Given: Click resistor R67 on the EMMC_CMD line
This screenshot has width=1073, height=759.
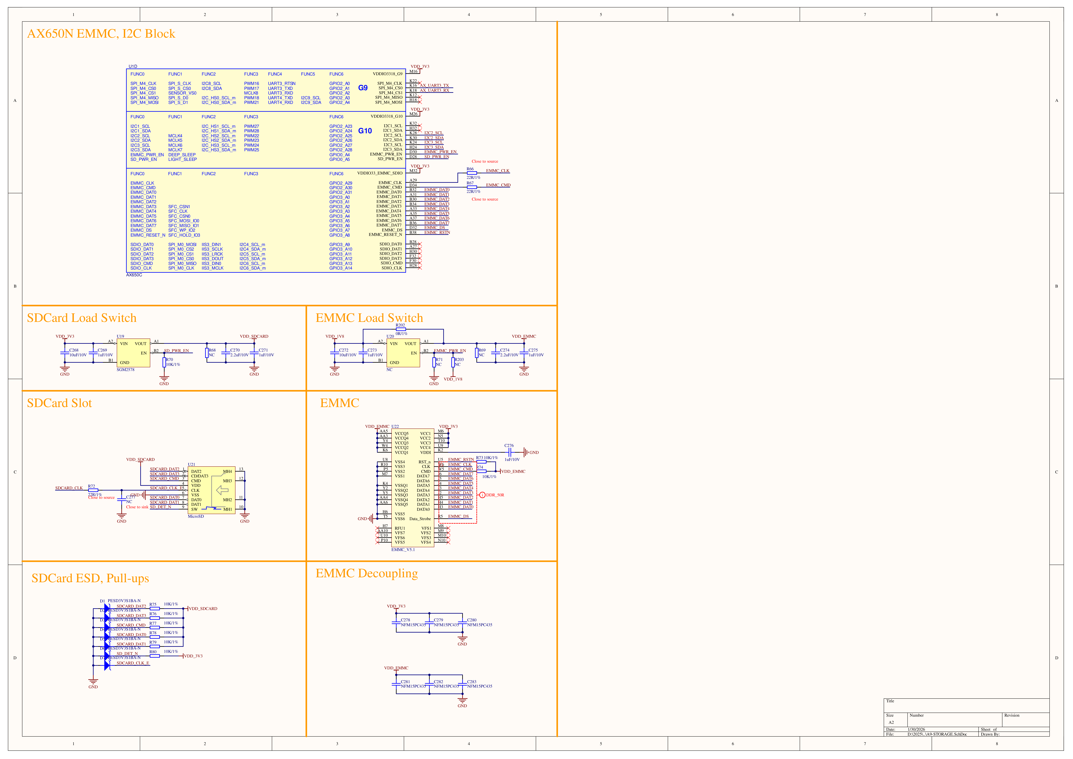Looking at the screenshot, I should click(x=472, y=187).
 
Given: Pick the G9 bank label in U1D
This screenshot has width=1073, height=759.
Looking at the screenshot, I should click(x=363, y=88).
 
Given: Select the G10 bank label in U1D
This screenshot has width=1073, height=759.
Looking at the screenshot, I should click(x=365, y=131).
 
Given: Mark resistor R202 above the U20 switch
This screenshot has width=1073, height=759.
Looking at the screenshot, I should click(x=400, y=329).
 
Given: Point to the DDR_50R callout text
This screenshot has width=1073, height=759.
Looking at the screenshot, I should click(x=495, y=495).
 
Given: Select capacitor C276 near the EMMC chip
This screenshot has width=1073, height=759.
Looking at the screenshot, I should click(x=510, y=452).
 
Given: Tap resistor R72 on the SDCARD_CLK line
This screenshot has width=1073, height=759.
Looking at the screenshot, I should click(x=93, y=490).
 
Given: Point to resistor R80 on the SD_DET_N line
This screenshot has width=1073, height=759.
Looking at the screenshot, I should click(x=155, y=656).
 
